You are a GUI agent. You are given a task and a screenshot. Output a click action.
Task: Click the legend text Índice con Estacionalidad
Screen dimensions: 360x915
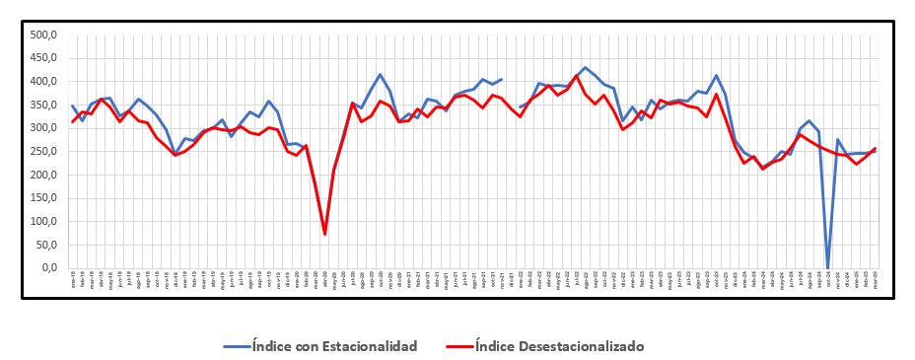coord(334,345)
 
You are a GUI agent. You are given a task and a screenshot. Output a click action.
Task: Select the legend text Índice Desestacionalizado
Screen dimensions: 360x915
coord(559,345)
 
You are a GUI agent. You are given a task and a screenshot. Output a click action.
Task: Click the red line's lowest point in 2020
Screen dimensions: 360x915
coord(324,234)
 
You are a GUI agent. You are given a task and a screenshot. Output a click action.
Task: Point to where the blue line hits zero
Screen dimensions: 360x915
coord(827,267)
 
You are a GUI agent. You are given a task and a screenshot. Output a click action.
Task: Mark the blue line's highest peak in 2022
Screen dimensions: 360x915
coord(585,68)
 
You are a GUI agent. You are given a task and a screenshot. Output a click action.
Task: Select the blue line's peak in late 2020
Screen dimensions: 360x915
coord(381,75)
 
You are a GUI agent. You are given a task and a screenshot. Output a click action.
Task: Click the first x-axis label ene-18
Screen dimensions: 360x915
coord(73,277)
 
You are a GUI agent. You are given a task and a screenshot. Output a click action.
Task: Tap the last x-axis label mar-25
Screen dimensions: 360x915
coord(875,277)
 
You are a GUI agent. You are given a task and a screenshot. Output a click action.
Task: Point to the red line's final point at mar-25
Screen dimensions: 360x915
coord(875,149)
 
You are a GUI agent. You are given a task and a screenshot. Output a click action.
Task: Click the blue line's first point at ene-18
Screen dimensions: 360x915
coord(73,106)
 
